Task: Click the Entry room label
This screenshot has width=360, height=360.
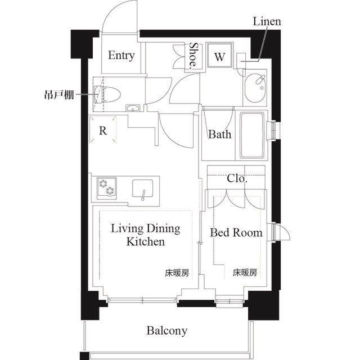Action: [121, 55]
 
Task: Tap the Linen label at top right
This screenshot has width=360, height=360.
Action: [267, 22]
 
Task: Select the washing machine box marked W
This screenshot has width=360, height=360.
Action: [220, 56]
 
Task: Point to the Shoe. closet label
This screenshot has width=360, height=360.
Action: [193, 55]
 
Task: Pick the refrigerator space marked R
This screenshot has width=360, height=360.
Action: [103, 131]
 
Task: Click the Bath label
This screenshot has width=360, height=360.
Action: [219, 135]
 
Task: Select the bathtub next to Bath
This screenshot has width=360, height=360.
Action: [251, 136]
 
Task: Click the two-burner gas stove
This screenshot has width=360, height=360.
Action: [106, 187]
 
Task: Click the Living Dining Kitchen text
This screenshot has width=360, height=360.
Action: [145, 235]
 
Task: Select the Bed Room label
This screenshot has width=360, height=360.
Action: [236, 232]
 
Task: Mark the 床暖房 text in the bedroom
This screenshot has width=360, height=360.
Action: [245, 273]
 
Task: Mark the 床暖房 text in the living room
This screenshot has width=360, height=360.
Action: [177, 273]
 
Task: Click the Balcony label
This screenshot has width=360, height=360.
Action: [167, 330]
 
